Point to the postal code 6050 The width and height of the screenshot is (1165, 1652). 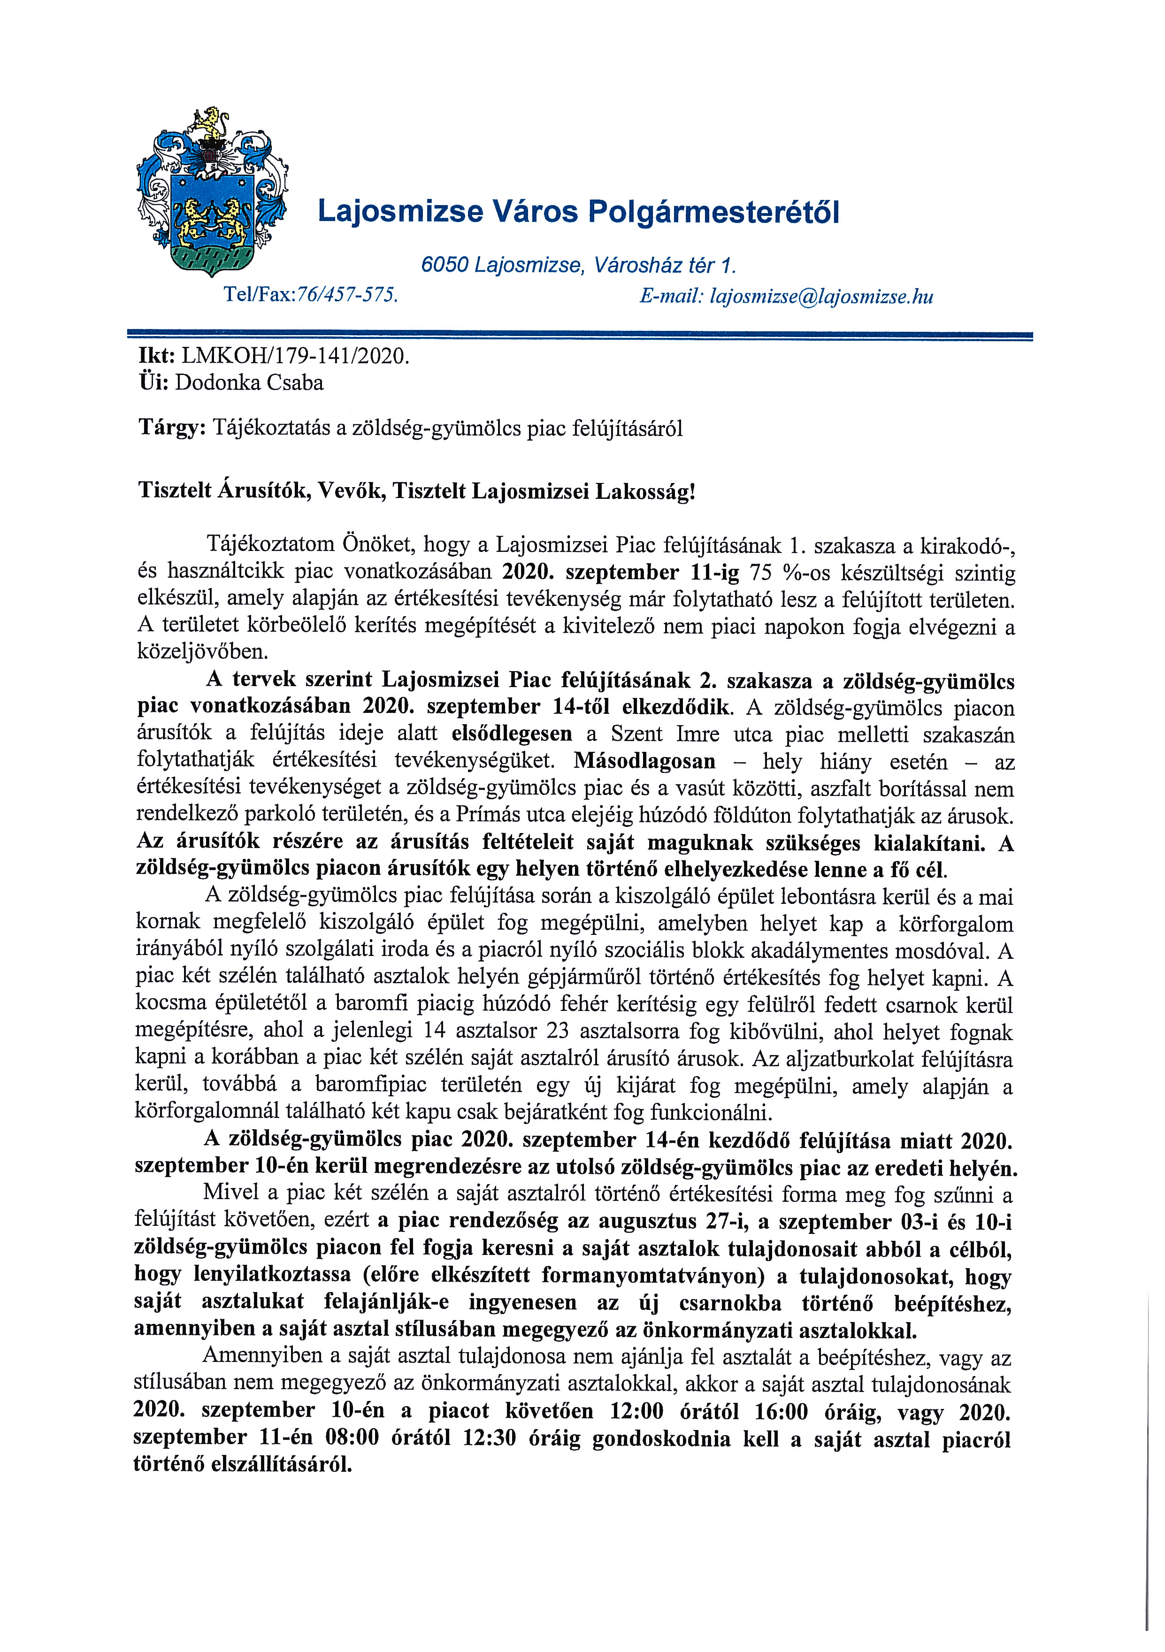click(x=445, y=266)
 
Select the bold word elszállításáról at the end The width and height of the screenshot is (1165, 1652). click(x=281, y=1465)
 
